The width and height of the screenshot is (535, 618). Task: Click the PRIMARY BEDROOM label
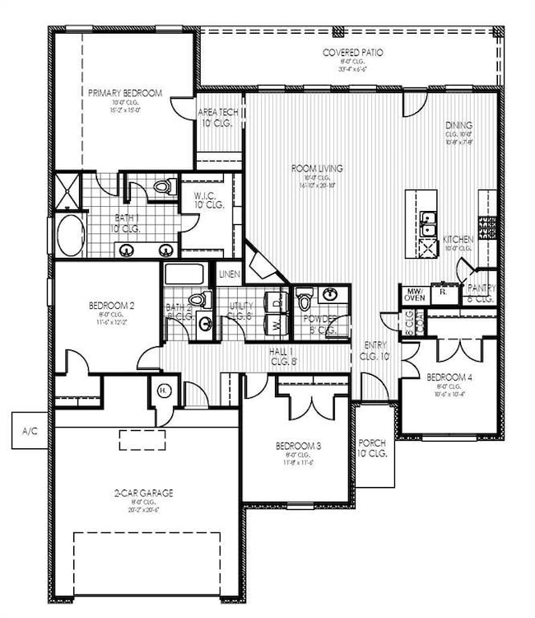(x=124, y=93)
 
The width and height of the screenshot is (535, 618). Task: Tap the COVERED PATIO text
(x=352, y=52)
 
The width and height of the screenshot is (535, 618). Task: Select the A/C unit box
(x=30, y=431)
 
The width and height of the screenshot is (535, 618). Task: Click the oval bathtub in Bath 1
(x=71, y=235)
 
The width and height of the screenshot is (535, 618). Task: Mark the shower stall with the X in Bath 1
(x=65, y=192)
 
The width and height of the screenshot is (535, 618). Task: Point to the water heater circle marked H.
(x=163, y=391)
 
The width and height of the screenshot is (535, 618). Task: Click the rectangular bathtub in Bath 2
(x=188, y=274)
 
